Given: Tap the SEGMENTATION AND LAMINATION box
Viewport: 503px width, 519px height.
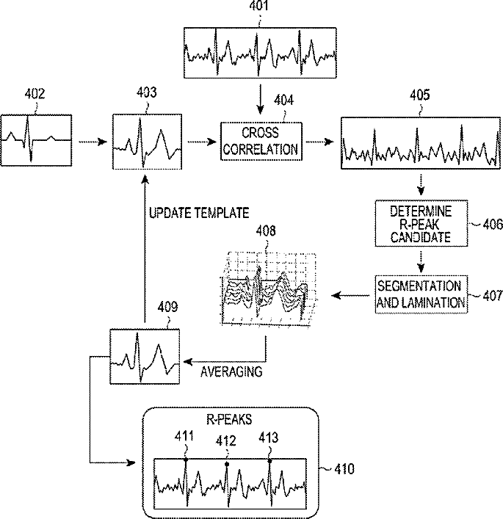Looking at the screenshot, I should (419, 294).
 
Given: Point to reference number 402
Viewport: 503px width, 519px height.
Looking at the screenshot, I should (35, 94).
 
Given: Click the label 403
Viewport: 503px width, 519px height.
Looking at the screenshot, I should (146, 94).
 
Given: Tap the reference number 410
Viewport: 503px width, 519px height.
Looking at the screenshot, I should (343, 468).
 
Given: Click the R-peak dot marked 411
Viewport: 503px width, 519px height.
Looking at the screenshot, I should (185, 460).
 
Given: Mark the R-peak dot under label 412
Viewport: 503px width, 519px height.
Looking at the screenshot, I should (227, 465).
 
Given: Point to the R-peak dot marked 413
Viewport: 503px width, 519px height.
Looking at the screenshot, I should (269, 460).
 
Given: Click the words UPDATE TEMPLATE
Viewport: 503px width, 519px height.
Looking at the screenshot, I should (199, 212).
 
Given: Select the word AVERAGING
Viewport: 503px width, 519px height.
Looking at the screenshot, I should (231, 371).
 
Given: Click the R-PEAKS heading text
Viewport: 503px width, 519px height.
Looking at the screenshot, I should (228, 420).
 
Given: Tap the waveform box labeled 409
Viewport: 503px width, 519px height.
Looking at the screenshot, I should (145, 357).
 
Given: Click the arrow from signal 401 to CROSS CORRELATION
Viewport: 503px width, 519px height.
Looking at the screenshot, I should (260, 98).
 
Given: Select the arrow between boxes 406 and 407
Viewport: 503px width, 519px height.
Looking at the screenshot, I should (419, 261).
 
